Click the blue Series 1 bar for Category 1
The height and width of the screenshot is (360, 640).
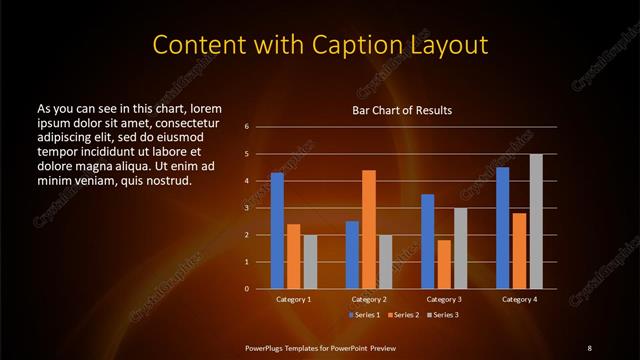(x=277, y=231)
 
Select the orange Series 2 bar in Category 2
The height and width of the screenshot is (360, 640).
(x=368, y=229)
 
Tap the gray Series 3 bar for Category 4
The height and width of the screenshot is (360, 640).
(x=536, y=221)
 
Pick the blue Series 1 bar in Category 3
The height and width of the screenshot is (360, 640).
(x=428, y=241)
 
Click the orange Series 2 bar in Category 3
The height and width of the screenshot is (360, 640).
(x=444, y=264)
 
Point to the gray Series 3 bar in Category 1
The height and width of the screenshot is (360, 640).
(x=309, y=262)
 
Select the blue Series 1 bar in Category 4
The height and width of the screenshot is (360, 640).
(x=503, y=228)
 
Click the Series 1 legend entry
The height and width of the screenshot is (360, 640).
(x=363, y=315)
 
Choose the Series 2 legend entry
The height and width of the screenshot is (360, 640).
(x=403, y=315)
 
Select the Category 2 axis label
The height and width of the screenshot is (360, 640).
(x=369, y=299)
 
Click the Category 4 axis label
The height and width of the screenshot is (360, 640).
(x=519, y=299)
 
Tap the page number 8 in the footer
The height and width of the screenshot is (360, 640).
(x=589, y=347)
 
